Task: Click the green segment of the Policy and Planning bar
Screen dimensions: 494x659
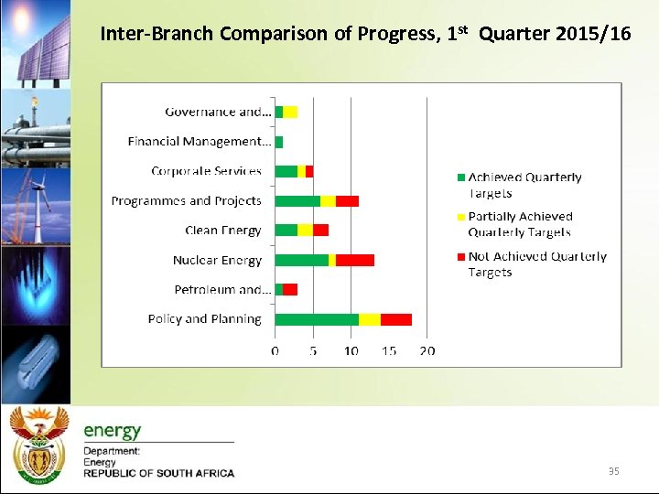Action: pyautogui.click(x=317, y=319)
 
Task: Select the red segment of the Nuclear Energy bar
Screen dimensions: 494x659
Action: pyautogui.click(x=355, y=260)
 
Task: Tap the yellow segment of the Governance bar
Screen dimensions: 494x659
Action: pyautogui.click(x=290, y=112)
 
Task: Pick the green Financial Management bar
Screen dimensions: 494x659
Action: pyautogui.click(x=279, y=142)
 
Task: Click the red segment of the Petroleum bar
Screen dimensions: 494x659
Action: pyautogui.click(x=290, y=289)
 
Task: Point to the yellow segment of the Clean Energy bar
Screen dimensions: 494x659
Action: pyautogui.click(x=305, y=231)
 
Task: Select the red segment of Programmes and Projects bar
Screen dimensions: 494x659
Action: pyautogui.click(x=347, y=201)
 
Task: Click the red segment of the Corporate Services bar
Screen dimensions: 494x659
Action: pyautogui.click(x=309, y=171)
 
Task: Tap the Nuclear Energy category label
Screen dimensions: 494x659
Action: pyautogui.click(x=217, y=261)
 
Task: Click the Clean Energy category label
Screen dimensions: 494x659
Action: pyautogui.click(x=222, y=231)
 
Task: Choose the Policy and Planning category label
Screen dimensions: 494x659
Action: pyautogui.click(x=204, y=319)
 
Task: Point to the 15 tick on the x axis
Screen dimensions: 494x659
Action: pyautogui.click(x=389, y=351)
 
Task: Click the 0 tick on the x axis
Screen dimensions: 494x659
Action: pyautogui.click(x=275, y=351)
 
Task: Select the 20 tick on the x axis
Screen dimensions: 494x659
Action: pyautogui.click(x=427, y=351)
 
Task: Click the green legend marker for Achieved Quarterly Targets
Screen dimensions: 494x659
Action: pyautogui.click(x=461, y=177)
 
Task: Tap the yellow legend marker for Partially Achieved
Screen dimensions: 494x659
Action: pyautogui.click(x=461, y=217)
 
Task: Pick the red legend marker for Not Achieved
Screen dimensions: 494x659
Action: pyautogui.click(x=461, y=257)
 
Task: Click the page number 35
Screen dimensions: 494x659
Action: pyautogui.click(x=613, y=471)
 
